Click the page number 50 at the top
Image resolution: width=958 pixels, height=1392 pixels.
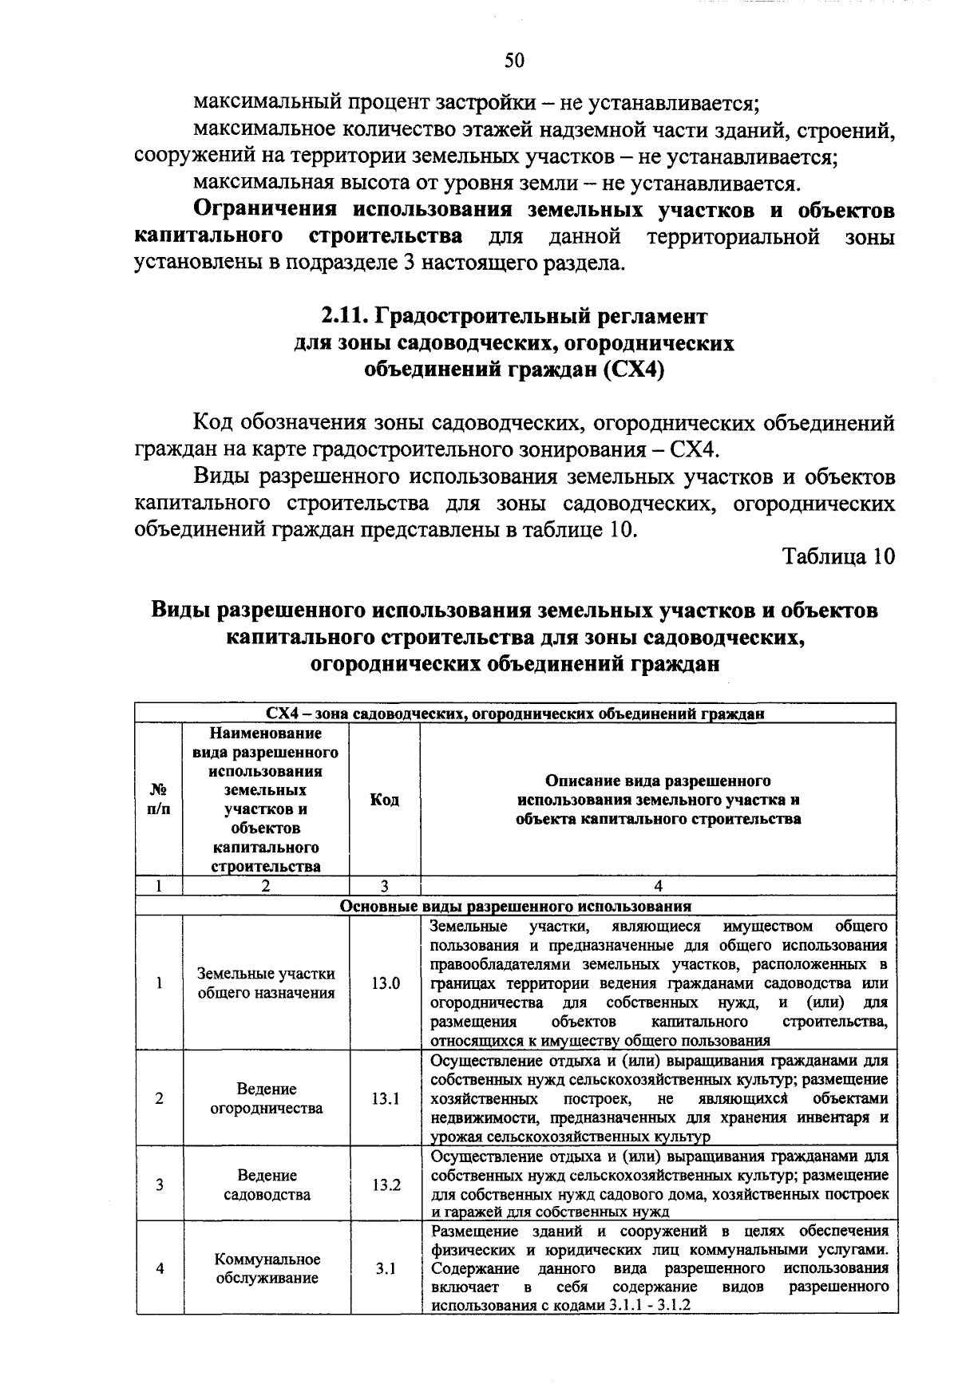[514, 61]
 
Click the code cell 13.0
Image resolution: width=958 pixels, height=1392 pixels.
[385, 983]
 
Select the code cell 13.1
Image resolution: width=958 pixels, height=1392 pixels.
[385, 1098]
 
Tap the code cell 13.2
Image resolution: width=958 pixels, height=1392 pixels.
[385, 1184]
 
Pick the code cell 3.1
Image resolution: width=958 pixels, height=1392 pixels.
[385, 1268]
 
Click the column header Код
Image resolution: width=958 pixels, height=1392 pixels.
[385, 800]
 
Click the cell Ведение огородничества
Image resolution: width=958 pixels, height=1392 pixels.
[266, 1098]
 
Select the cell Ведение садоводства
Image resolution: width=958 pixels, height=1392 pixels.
[266, 1184]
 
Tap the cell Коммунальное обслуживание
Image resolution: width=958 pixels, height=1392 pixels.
[266, 1268]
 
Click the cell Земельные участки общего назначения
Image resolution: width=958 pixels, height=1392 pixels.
[266, 983]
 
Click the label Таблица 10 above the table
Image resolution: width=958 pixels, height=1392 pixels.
[838, 556]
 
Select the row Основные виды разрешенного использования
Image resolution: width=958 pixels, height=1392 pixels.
[515, 906]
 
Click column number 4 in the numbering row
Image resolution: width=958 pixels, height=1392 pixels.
[658, 885]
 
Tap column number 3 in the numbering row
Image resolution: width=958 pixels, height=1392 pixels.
[384, 885]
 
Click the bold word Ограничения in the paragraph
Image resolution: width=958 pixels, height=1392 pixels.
[266, 211]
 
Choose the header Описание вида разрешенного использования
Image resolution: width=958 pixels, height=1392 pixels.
[658, 800]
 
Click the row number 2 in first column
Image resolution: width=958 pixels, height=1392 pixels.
[160, 1098]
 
